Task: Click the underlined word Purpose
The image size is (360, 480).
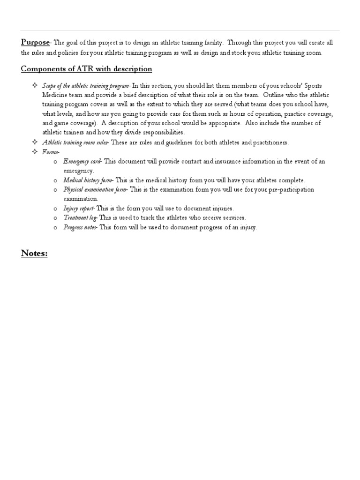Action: (x=35, y=43)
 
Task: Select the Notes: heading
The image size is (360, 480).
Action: (x=35, y=254)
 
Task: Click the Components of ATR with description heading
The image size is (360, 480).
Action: (x=87, y=69)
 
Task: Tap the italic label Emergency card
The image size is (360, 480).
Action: (x=82, y=161)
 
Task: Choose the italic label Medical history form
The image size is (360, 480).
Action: (x=88, y=180)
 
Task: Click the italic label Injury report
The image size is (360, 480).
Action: (x=79, y=208)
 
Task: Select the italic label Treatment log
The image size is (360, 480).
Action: (x=80, y=217)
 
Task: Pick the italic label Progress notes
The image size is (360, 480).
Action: (x=80, y=227)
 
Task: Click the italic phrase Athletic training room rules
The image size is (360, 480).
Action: (x=75, y=142)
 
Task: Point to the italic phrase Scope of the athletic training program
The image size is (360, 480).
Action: (x=85, y=85)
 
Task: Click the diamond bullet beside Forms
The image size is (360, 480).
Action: (x=34, y=151)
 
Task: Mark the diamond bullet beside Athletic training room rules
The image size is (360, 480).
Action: (x=34, y=142)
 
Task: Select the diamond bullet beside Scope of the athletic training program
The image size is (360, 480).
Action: (x=34, y=85)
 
